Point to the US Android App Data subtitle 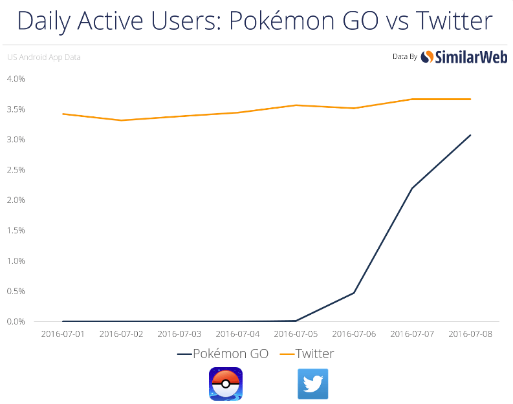[44, 57]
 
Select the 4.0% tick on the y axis [16, 79]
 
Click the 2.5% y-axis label [16, 170]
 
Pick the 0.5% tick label [16, 292]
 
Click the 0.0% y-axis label [16, 321]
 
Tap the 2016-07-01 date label [63, 334]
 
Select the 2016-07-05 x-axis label [296, 334]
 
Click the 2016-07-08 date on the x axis [470, 334]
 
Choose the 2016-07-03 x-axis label [179, 334]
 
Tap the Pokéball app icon [226, 384]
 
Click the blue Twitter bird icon [313, 384]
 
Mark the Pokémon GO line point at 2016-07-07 [412, 188]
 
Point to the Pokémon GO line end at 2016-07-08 [470, 135]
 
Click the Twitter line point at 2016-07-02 [121, 120]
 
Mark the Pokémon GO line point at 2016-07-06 [354, 293]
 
